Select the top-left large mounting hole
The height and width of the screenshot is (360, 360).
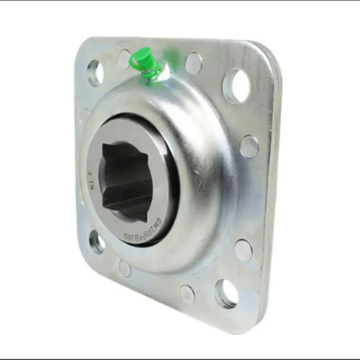[x=94, y=73]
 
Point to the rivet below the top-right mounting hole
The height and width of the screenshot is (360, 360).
[x=248, y=146]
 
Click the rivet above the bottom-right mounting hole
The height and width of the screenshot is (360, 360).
[x=243, y=249]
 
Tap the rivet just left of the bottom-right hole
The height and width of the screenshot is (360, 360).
[x=187, y=295]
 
